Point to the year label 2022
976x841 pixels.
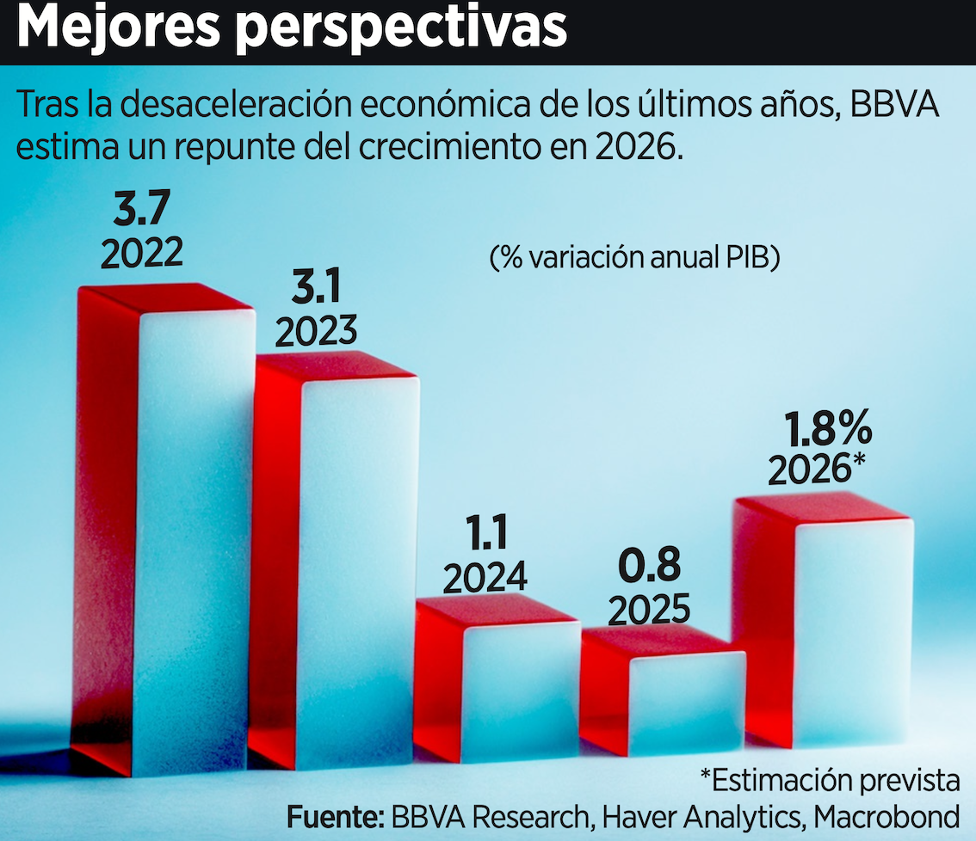coord(142,254)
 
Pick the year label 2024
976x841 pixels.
coord(485,577)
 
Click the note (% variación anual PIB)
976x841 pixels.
coord(634,257)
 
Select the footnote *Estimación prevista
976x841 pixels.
coord(829,781)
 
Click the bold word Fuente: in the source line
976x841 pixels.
coord(335,814)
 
